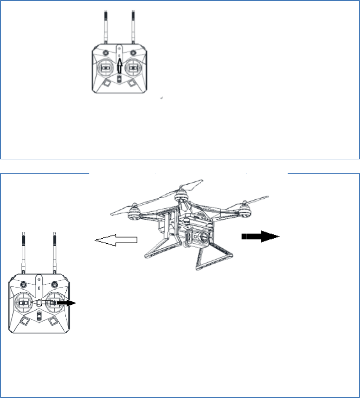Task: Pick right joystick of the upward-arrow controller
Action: tap(134, 68)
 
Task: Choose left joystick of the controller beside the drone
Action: tap(24, 302)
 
